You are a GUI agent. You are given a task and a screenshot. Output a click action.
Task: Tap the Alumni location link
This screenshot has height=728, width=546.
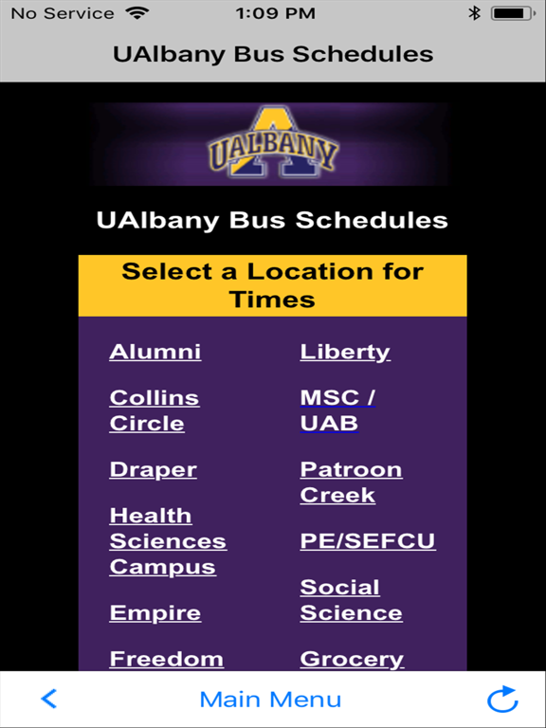[x=155, y=352]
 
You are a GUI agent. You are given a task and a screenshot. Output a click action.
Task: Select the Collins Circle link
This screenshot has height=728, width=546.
[x=154, y=410]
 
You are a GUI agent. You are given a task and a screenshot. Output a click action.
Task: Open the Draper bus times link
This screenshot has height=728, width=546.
[x=153, y=469]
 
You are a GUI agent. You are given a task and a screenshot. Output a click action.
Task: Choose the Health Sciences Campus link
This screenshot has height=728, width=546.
[x=168, y=541]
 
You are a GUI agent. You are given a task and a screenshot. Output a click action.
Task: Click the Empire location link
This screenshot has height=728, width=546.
[x=155, y=612]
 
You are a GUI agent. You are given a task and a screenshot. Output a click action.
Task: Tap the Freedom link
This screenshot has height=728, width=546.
[x=166, y=659]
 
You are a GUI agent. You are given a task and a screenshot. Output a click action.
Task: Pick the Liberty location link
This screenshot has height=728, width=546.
[x=345, y=352]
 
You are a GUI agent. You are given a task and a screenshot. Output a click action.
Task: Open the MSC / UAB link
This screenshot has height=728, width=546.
[x=337, y=410]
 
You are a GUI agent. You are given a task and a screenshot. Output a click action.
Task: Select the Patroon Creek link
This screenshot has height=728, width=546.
[x=351, y=482]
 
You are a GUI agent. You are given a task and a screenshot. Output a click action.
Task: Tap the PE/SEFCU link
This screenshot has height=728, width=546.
[x=368, y=541]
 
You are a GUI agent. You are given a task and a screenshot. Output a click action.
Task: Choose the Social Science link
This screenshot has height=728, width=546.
[x=351, y=600]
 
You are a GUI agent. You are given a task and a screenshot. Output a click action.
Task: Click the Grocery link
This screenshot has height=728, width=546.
[x=352, y=659]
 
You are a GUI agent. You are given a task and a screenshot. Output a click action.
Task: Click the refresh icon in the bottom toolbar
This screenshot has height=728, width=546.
[x=502, y=700]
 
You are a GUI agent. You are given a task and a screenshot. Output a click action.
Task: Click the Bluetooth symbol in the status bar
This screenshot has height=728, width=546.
[x=475, y=13]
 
